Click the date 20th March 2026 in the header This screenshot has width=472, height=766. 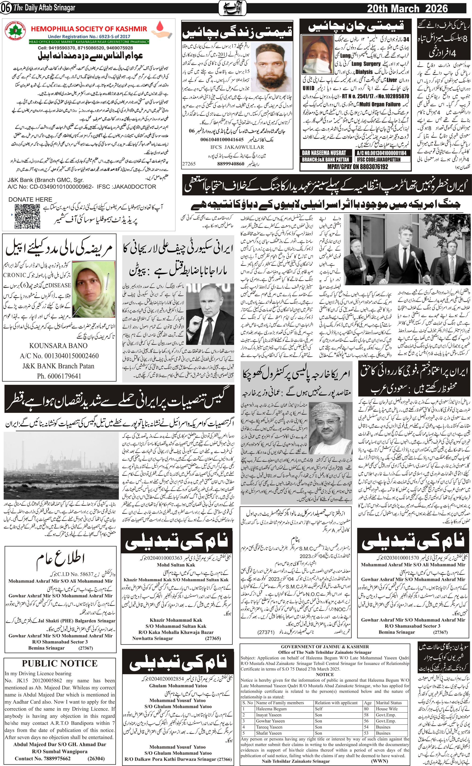[x=407, y=8]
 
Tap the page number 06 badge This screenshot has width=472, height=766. [x=6, y=8]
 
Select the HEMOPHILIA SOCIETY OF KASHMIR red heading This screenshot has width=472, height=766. [x=89, y=29]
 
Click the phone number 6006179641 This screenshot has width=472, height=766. [x=59, y=376]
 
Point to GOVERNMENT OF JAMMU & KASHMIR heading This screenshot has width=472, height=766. [x=325, y=647]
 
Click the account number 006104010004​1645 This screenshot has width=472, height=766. [x=222, y=139]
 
